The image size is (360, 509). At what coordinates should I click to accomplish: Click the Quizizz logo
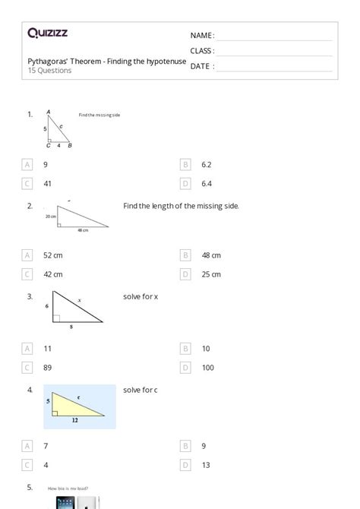click(x=47, y=33)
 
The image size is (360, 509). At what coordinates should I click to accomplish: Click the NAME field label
click(x=202, y=36)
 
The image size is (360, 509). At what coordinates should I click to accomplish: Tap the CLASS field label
click(x=202, y=51)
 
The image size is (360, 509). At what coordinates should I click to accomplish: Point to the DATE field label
click(x=201, y=66)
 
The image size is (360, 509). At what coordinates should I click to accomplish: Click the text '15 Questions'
click(x=50, y=71)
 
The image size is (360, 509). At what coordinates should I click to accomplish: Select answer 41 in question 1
click(x=47, y=183)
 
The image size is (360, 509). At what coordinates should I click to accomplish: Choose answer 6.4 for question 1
click(x=207, y=183)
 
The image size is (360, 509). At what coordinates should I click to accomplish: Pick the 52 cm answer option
click(x=52, y=255)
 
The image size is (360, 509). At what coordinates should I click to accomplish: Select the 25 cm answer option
click(x=211, y=274)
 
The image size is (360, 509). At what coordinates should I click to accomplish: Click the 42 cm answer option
click(x=52, y=274)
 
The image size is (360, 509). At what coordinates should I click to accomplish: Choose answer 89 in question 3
click(x=47, y=368)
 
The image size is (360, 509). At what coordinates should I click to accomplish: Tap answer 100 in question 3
click(x=207, y=368)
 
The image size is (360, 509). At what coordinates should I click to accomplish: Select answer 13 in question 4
click(x=205, y=465)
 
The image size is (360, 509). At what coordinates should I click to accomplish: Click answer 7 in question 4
click(x=46, y=446)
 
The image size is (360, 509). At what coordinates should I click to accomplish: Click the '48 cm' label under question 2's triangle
click(x=83, y=229)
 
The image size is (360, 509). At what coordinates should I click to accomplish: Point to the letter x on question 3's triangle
click(x=80, y=301)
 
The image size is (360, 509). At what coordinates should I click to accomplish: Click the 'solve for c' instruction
click(x=141, y=390)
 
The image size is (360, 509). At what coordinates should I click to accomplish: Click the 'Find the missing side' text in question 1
click(x=99, y=115)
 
